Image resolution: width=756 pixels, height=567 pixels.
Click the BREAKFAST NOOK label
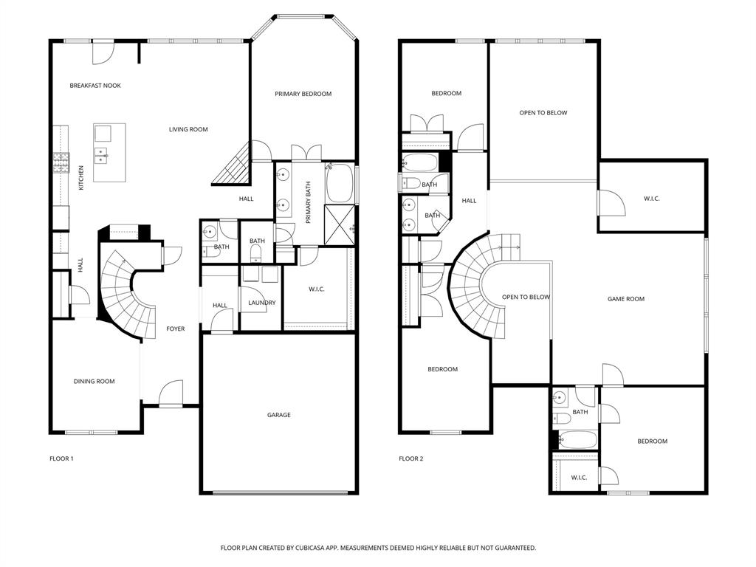tap(95, 86)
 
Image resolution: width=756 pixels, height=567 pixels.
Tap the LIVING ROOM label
tap(188, 129)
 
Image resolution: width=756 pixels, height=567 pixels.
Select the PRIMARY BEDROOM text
tap(303, 94)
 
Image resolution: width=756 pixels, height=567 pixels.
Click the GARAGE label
tap(278, 415)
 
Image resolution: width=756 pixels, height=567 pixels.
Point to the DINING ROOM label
tap(94, 382)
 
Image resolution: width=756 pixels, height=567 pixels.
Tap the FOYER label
tap(175, 329)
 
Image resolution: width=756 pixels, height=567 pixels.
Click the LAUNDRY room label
tap(262, 303)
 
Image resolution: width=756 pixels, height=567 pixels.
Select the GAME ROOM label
tap(626, 299)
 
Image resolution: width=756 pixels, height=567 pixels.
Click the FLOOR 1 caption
tap(61, 458)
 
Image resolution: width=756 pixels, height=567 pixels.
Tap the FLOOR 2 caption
tap(411, 458)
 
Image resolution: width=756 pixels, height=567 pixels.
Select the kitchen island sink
tap(103, 154)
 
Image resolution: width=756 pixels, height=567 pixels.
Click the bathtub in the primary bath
tap(340, 183)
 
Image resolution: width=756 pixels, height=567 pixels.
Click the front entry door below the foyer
tap(170, 394)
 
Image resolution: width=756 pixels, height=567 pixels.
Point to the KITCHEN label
tap(81, 177)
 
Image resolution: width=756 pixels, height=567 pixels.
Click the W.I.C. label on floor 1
tap(316, 289)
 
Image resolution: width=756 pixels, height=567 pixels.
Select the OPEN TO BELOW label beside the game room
tap(526, 298)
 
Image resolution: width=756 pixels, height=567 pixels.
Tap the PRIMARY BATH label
tap(309, 202)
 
